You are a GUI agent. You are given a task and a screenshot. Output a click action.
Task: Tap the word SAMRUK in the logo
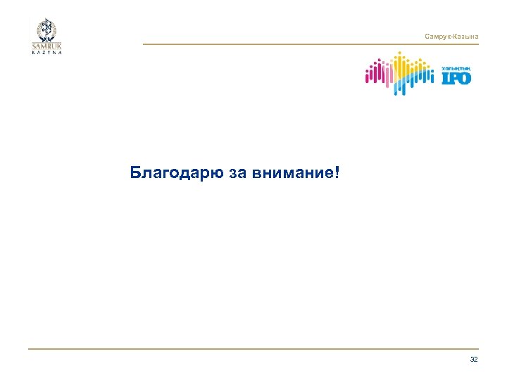46,47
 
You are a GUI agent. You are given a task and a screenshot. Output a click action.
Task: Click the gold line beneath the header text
310,44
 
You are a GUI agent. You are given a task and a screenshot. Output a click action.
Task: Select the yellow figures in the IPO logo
402,67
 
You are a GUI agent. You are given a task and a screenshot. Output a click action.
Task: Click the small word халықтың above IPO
455,68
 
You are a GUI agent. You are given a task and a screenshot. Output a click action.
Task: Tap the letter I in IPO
444,78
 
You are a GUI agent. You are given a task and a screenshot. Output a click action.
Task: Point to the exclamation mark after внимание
335,172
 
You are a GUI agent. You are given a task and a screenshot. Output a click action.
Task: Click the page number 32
473,360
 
